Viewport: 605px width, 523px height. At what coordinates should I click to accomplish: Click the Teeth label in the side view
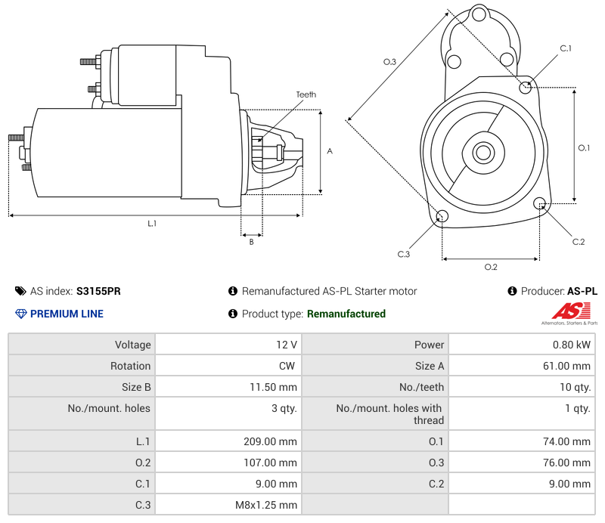point(306,94)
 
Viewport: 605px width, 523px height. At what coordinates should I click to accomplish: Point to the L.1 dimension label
point(152,223)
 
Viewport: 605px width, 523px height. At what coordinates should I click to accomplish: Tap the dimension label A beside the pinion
point(329,151)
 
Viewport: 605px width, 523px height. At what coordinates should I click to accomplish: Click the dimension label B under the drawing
point(251,242)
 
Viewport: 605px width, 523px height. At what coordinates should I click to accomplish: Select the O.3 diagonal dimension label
point(389,62)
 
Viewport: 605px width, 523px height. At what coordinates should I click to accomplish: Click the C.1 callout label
point(565,48)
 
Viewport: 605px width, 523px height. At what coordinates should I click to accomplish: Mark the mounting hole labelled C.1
point(526,87)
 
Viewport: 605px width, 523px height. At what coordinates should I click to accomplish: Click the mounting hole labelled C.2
point(540,203)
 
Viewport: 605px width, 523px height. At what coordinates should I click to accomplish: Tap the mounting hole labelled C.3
point(442,218)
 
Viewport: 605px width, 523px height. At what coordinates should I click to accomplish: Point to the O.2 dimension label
point(490,267)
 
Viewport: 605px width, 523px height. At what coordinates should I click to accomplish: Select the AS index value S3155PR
point(98,291)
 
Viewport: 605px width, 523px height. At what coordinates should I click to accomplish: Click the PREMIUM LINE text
point(67,314)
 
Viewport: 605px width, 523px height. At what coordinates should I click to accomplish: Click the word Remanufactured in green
point(346,314)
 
